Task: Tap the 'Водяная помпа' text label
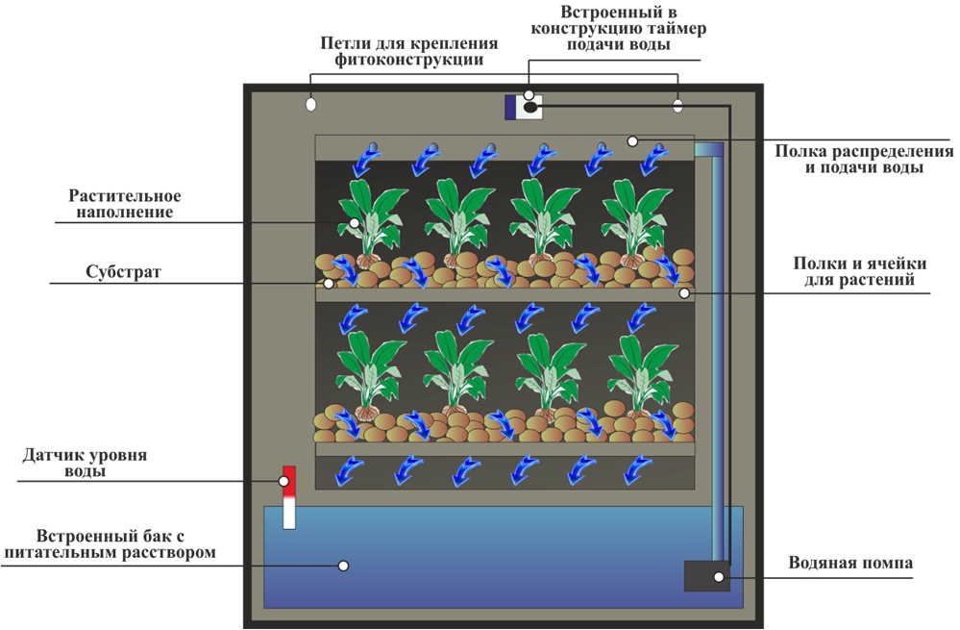(849, 563)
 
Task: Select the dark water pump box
(706, 575)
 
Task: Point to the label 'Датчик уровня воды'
(85, 463)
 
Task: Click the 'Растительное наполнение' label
(124, 203)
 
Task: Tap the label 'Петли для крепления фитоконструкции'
(409, 52)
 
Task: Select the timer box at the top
(524, 107)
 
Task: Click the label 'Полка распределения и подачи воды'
(864, 160)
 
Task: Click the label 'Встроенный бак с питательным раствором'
(110, 544)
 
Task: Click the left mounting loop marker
(310, 103)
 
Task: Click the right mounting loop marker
(677, 106)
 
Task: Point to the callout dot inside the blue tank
(342, 566)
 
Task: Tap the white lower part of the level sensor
(288, 514)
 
